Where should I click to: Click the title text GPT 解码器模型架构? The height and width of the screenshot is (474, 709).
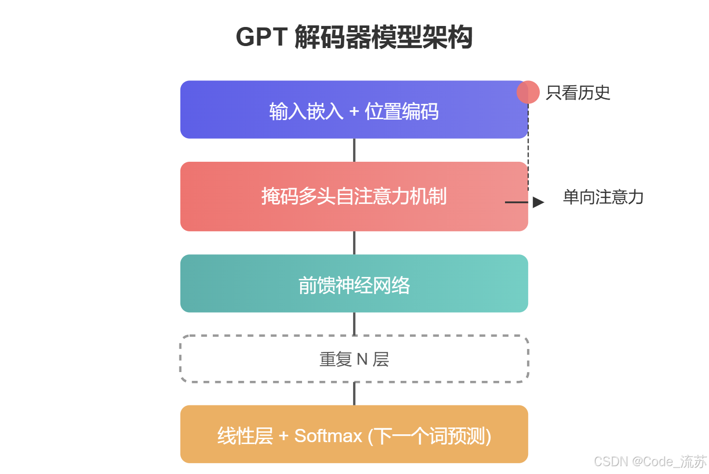pyautogui.click(x=354, y=37)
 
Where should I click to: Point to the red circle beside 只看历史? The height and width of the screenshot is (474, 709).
pyautogui.click(x=528, y=92)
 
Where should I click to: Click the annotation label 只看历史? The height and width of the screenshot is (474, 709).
pyautogui.click(x=578, y=93)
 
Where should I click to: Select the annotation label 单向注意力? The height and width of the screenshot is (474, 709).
pyautogui.click(x=603, y=197)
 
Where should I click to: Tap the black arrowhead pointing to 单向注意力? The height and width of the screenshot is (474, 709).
pyautogui.click(x=538, y=202)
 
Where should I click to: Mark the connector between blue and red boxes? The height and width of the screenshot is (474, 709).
pyautogui.click(x=354, y=150)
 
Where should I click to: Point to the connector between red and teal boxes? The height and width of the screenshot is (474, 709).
pyautogui.click(x=354, y=243)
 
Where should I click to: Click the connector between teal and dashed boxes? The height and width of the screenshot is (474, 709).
pyautogui.click(x=354, y=324)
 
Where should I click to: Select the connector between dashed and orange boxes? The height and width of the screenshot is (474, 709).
pyautogui.click(x=354, y=394)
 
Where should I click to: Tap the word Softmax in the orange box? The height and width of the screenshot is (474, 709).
pyautogui.click(x=328, y=436)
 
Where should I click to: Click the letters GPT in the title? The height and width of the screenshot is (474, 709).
pyautogui.click(x=261, y=37)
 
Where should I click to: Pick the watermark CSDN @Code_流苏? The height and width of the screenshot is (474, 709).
pyautogui.click(x=650, y=461)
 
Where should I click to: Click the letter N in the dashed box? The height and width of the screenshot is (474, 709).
pyautogui.click(x=362, y=359)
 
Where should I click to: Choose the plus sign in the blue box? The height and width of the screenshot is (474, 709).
pyautogui.click(x=354, y=112)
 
